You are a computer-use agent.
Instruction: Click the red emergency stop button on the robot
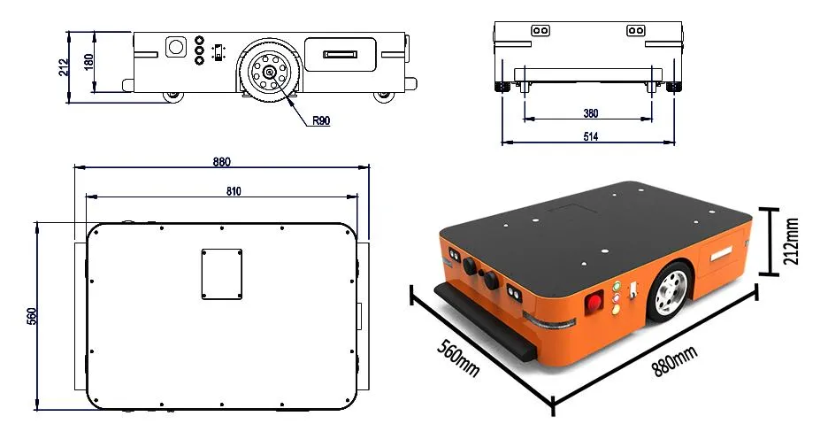click(x=594, y=303)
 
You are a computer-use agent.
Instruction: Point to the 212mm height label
click(x=792, y=241)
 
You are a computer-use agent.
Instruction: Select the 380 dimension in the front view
click(x=589, y=113)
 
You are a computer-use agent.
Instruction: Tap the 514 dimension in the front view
click(x=590, y=136)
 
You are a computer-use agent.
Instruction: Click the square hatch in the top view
click(x=221, y=274)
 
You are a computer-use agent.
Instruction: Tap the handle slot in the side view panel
click(x=341, y=54)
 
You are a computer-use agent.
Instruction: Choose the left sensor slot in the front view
click(x=540, y=30)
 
